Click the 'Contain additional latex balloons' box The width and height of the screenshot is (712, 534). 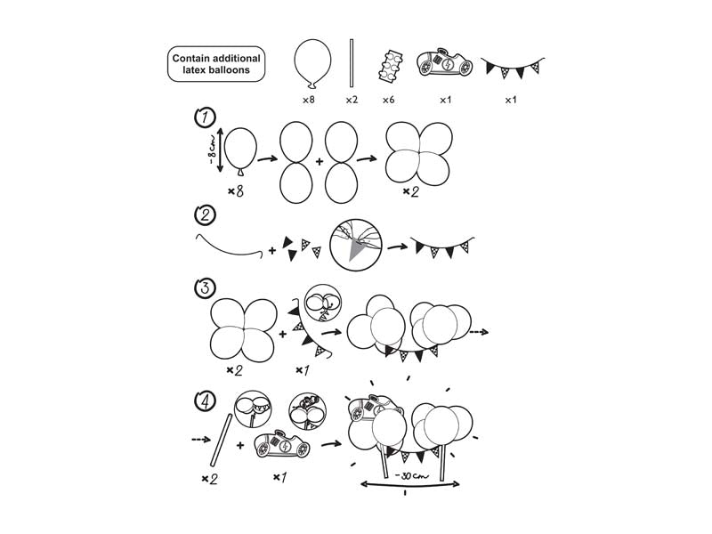tap(216, 64)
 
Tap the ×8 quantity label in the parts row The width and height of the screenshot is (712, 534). tap(308, 100)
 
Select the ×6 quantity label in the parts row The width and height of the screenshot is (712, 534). tap(388, 100)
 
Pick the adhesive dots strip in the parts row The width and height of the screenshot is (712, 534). tap(388, 65)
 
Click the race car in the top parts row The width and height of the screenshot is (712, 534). tap(444, 65)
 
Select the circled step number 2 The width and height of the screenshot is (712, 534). tap(203, 214)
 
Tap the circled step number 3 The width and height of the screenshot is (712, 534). tap(203, 288)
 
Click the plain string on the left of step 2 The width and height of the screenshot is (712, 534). tap(228, 247)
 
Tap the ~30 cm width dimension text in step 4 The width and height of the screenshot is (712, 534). tap(411, 476)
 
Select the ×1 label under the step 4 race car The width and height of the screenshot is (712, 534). tap(279, 478)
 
